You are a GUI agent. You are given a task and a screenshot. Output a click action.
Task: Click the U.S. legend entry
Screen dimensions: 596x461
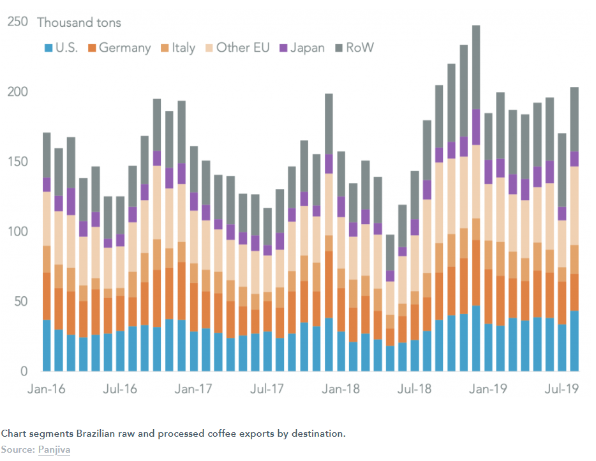(x=61, y=47)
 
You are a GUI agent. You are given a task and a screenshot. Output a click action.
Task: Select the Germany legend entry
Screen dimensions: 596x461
(x=119, y=48)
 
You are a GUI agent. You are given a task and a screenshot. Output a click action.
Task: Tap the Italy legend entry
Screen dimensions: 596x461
(x=178, y=48)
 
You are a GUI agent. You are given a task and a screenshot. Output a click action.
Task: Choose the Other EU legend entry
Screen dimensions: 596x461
(x=237, y=47)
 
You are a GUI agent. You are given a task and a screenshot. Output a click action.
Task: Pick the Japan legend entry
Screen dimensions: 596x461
(x=302, y=48)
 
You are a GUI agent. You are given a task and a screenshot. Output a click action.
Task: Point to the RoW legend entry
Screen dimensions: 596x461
(x=355, y=47)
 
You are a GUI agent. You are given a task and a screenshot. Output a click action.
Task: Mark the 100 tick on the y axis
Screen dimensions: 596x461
(x=17, y=231)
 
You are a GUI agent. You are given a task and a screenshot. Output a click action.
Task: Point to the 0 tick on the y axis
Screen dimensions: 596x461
(x=24, y=371)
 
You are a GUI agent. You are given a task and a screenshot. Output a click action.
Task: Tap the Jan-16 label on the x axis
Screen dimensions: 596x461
(x=47, y=389)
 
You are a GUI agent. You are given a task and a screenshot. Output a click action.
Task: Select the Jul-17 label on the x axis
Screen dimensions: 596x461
(x=267, y=389)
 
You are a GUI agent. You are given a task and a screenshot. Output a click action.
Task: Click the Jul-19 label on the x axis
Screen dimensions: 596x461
(x=562, y=389)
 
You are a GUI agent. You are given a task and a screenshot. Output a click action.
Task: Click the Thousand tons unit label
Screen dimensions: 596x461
(x=79, y=22)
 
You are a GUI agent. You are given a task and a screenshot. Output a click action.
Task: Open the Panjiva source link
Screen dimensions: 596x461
(x=54, y=450)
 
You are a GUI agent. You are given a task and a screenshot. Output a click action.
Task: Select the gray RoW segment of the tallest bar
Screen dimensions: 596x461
(x=476, y=67)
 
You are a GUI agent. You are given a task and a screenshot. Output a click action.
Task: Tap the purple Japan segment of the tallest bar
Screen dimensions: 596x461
(x=476, y=127)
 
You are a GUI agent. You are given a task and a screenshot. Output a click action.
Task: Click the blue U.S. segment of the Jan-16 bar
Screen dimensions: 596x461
(x=47, y=345)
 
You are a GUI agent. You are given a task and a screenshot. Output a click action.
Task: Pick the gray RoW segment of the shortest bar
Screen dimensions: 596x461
(x=390, y=253)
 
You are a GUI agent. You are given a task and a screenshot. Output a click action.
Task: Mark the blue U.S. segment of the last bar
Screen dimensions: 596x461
(x=574, y=341)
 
